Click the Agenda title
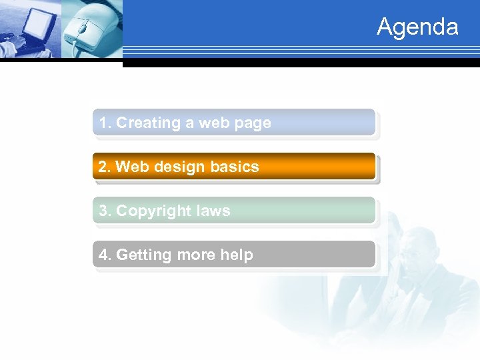[417, 27]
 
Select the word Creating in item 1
[148, 123]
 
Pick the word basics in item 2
[235, 167]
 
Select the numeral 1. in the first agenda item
[105, 123]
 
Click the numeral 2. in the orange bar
[105, 167]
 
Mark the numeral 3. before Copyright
[105, 211]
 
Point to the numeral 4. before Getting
[105, 255]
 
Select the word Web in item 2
[132, 167]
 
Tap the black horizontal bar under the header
[300, 63]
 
